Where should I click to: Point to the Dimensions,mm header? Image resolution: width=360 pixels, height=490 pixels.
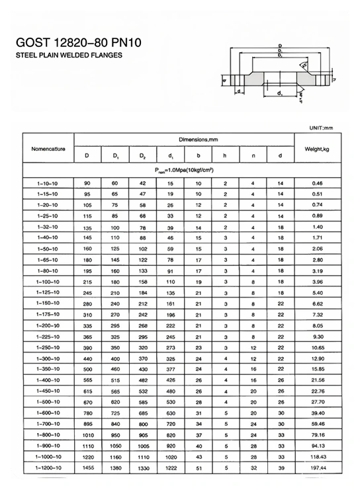[184, 140]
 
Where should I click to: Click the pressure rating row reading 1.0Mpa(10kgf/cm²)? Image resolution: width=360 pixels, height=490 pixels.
[184, 170]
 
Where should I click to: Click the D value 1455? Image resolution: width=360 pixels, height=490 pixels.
[87, 468]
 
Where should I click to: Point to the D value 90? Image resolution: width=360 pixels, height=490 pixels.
[87, 182]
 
